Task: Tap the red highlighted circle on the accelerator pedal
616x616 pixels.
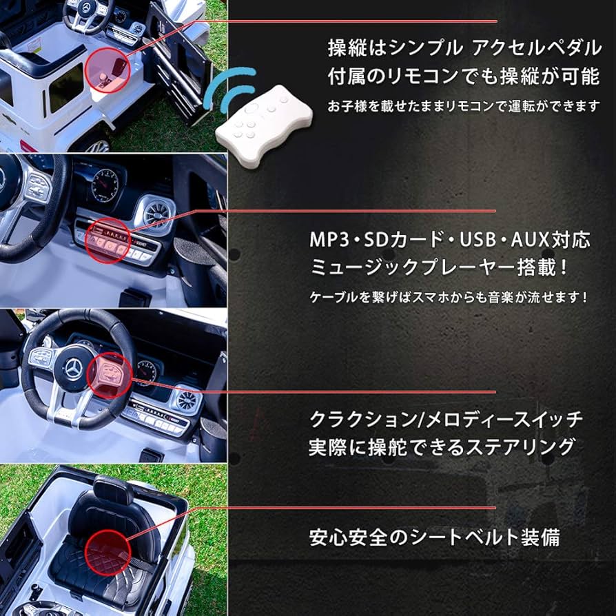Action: pos(107,69)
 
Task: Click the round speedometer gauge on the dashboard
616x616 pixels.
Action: pos(105,185)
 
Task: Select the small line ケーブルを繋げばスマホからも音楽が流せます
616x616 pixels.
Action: pos(448,298)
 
